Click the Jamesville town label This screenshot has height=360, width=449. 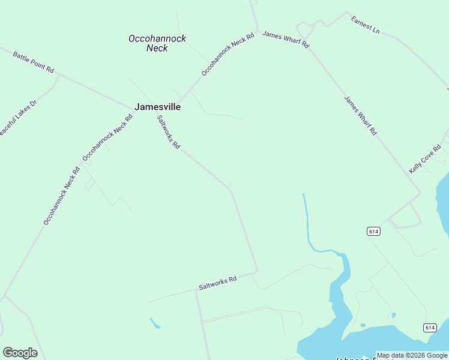tap(157, 107)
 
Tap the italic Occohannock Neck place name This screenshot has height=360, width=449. tap(157, 43)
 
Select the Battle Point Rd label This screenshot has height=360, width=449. tap(34, 62)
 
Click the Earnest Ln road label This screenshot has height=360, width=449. tap(366, 25)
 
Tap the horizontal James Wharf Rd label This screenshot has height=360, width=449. tap(286, 40)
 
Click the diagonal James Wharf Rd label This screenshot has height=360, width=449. tap(360, 115)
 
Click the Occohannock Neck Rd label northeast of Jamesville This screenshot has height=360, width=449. tap(228, 54)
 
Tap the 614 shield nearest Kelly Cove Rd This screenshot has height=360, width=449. tap(373, 232)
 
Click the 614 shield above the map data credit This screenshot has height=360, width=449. tap(429, 328)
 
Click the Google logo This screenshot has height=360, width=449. tap(20, 353)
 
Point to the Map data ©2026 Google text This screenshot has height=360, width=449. tap(412, 355)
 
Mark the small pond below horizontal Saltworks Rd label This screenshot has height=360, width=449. tap(155, 323)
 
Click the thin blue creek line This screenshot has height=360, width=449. tap(307, 222)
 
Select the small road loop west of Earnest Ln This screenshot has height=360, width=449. tap(306, 28)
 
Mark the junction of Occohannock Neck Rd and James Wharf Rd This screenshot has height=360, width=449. tap(258, 31)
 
